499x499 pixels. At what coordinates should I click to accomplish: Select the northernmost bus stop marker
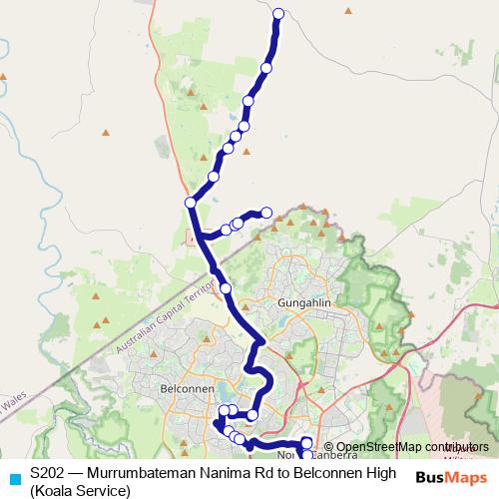pos(278,14)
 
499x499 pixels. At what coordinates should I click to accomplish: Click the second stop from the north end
pos(266,68)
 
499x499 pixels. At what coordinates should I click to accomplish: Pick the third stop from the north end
pos(249,102)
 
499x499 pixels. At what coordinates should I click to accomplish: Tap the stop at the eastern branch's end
pos(266,212)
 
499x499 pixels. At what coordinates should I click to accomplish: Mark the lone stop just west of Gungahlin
pos(226,288)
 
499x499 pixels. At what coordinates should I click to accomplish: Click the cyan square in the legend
pos(13,478)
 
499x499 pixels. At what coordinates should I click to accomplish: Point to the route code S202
pos(49,473)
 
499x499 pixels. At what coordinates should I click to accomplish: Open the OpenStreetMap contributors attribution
pos(405,447)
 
